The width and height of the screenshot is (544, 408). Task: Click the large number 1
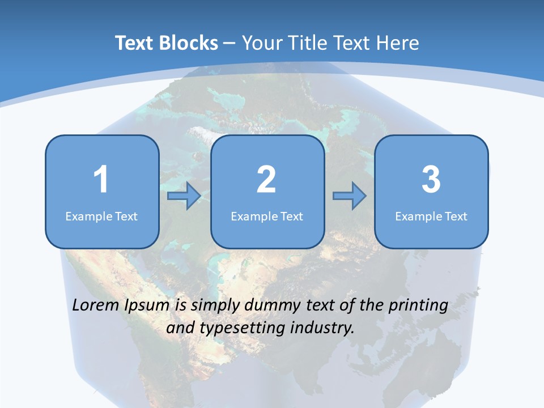tap(101, 180)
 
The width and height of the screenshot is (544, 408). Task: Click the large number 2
tap(266, 180)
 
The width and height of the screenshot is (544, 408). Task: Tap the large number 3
tap(431, 180)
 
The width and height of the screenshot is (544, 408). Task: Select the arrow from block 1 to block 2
tap(185, 196)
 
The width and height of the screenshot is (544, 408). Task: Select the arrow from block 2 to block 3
tap(350, 196)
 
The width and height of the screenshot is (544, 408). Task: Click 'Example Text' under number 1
tap(101, 216)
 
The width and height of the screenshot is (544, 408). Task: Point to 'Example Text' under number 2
tap(267, 216)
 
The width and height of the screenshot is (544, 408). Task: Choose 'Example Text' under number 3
tap(431, 216)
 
